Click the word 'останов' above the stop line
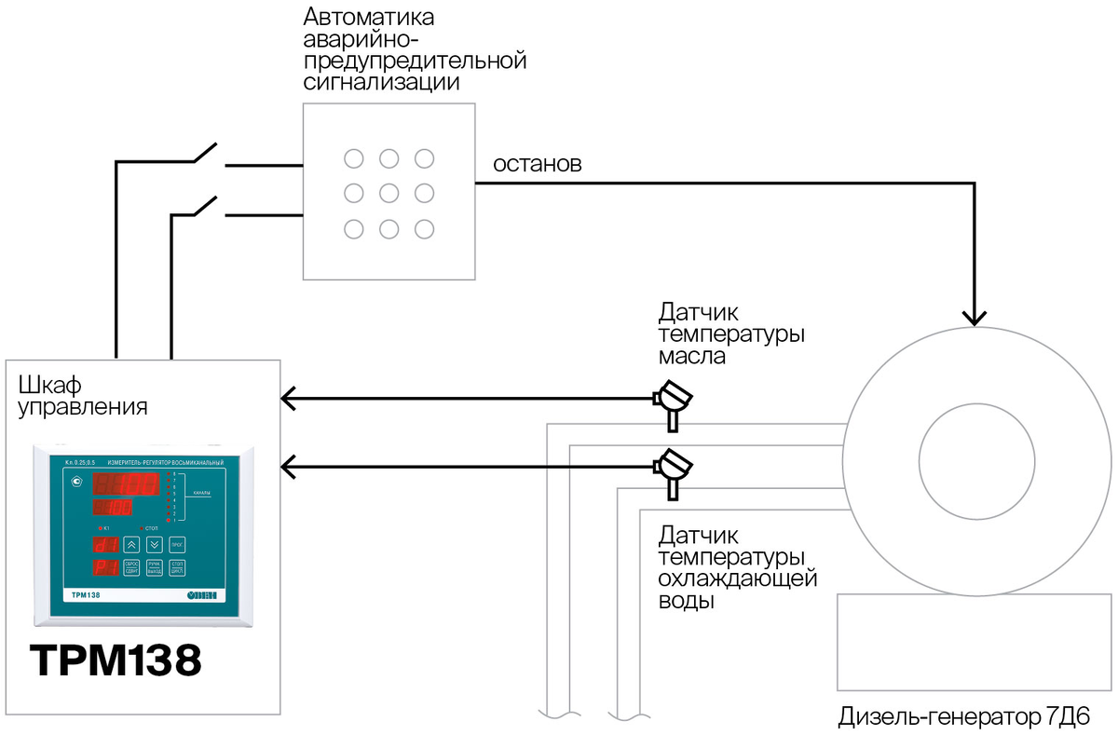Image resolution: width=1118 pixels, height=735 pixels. pyautogui.click(x=537, y=165)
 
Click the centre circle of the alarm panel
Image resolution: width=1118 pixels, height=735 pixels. pyautogui.click(x=389, y=193)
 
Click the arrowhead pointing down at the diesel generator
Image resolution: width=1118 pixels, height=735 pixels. pyautogui.click(x=975, y=316)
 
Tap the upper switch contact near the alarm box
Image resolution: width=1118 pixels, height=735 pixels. pyautogui.click(x=205, y=153)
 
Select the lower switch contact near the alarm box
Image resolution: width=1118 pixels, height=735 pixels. pyautogui.click(x=205, y=206)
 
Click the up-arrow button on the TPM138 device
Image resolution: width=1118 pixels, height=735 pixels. pyautogui.click(x=131, y=545)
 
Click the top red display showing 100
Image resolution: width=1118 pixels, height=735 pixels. pyautogui.click(x=124, y=485)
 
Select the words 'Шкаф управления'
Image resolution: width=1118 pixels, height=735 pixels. pyautogui.click(x=83, y=396)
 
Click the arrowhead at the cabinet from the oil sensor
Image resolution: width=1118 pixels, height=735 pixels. pyautogui.click(x=288, y=400)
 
